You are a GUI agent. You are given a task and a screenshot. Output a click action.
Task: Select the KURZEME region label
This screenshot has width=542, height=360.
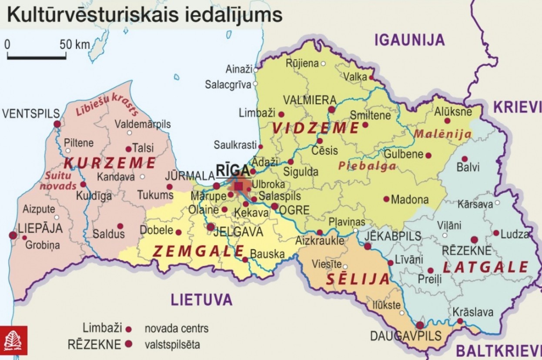point(110,163)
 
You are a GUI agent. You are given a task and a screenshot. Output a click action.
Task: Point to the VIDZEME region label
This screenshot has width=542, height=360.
point(316,128)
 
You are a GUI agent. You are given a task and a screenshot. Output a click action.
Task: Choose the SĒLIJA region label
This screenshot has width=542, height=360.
point(358,279)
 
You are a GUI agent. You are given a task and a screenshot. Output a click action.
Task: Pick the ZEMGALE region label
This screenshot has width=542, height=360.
point(198,251)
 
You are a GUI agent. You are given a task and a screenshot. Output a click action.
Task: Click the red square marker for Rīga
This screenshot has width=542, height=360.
point(238,186)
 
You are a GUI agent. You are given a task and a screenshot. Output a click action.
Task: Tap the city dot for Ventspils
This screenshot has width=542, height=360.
point(57,124)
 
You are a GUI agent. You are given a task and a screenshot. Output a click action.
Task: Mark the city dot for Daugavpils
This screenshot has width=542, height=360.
point(420,325)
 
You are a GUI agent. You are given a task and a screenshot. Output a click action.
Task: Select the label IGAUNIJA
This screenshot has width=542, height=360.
point(410,40)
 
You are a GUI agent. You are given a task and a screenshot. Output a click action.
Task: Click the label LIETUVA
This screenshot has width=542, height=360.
point(201,300)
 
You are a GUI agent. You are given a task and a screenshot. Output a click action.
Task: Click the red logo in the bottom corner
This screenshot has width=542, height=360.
point(13,340)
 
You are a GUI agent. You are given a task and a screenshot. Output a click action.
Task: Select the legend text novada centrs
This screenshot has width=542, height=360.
point(176,328)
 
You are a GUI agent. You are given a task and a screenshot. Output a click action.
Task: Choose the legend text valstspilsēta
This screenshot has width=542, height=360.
point(173,345)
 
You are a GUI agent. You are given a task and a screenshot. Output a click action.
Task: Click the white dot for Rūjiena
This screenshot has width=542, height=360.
point(323,63)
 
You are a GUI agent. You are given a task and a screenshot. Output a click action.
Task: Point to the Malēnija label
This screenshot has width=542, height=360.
point(442,134)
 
